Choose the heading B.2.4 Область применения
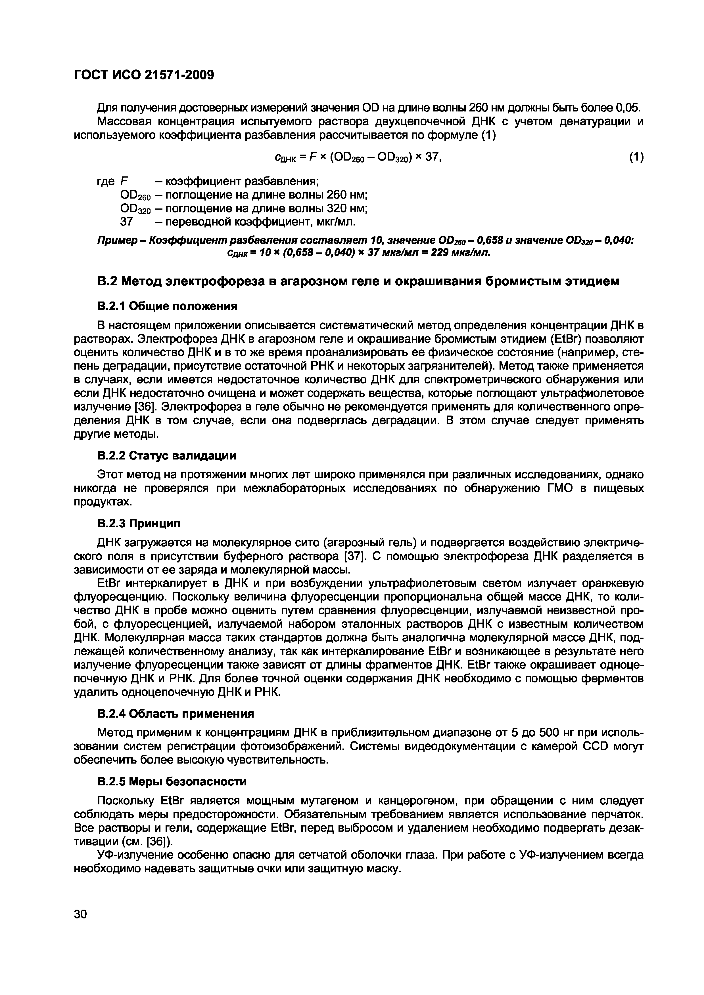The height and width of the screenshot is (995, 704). tap(175, 713)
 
